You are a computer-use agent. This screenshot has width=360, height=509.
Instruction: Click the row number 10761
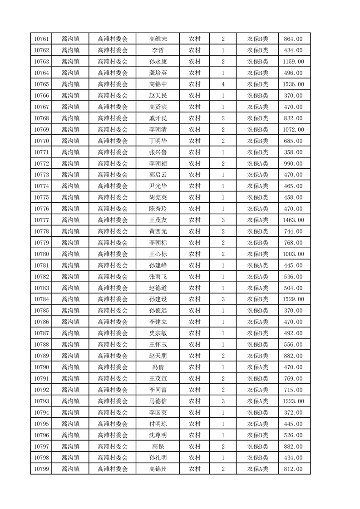click(x=41, y=39)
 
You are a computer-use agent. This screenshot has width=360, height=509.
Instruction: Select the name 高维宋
click(x=158, y=39)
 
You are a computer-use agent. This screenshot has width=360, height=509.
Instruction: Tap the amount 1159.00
click(x=293, y=62)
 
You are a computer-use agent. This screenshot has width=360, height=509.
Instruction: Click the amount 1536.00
click(x=293, y=84)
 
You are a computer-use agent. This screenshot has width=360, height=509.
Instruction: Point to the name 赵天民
click(x=158, y=96)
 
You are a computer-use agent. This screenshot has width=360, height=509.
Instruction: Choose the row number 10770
click(x=41, y=141)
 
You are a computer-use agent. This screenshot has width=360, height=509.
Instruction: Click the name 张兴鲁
click(x=158, y=152)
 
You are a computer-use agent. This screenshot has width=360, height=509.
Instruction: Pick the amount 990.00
click(x=293, y=164)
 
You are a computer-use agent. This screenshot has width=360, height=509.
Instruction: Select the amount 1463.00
click(x=293, y=220)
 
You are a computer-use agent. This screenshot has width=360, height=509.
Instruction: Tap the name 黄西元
click(x=158, y=231)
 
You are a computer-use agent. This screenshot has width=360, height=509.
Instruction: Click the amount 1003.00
click(x=293, y=254)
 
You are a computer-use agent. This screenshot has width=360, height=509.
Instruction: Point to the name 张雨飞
click(x=158, y=277)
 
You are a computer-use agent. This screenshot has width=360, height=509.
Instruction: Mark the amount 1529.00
click(x=293, y=299)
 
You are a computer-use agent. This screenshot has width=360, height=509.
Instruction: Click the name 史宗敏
click(x=158, y=333)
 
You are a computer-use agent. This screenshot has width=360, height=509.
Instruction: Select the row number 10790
click(x=41, y=367)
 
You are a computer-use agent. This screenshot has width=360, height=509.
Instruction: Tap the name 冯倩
click(x=158, y=367)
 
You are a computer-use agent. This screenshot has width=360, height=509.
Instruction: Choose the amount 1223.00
click(x=293, y=401)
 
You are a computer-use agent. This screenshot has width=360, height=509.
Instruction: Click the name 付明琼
click(x=158, y=424)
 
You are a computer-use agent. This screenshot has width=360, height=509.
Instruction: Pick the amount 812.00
click(x=293, y=469)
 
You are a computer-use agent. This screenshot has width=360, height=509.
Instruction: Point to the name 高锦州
click(x=158, y=469)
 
